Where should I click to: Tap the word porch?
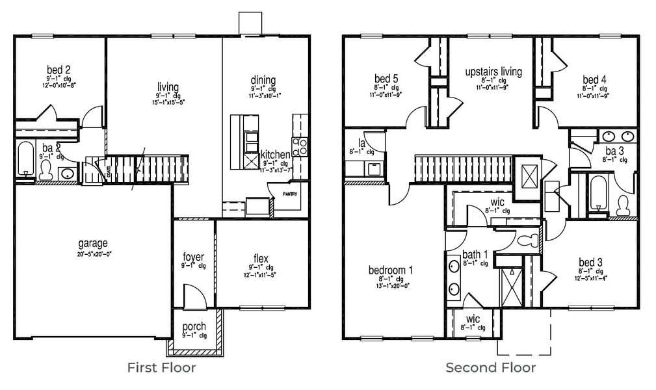pyautogui.click(x=194, y=326)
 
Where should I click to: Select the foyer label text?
pyautogui.click(x=194, y=257)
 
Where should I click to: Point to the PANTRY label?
pyautogui.click(x=289, y=194)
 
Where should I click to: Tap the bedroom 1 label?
pyautogui.click(x=391, y=270)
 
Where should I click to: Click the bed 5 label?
pyautogui.click(x=386, y=79)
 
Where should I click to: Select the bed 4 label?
pyautogui.click(x=594, y=79)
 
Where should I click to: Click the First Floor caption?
pyautogui.click(x=162, y=368)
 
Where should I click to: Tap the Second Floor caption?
pyautogui.click(x=490, y=368)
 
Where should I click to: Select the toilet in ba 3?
pyautogui.click(x=623, y=204)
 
